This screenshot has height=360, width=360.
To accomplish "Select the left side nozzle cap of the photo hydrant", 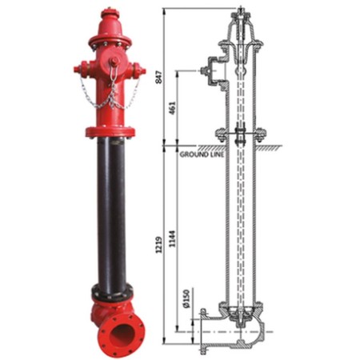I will tap(80, 68).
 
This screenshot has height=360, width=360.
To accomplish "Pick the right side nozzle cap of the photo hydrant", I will tap(141, 70).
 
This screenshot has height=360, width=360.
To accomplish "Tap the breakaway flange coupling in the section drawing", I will tap(239, 132).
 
